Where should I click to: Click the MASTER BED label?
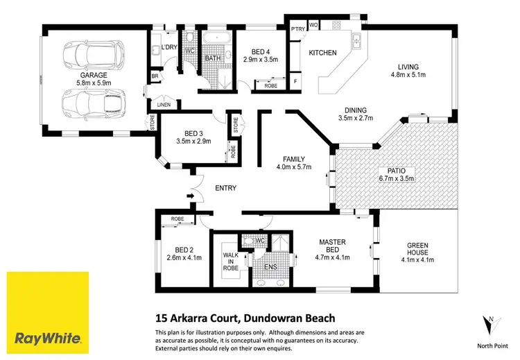(333, 246)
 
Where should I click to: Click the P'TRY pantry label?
(297, 28)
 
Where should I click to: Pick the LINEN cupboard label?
(164, 104)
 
